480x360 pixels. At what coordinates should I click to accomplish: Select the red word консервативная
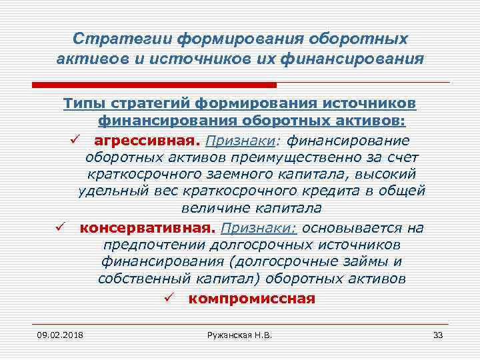148,228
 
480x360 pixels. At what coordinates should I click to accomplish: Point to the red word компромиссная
252,298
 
